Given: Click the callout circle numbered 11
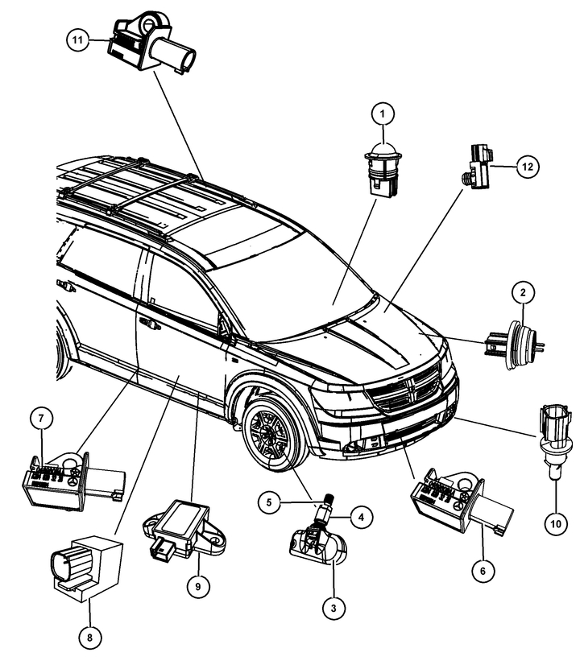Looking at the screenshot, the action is [x=77, y=39].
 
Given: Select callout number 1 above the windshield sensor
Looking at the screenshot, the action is [x=383, y=114].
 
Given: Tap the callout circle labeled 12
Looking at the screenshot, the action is [x=528, y=167].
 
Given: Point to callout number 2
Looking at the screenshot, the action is [x=523, y=293].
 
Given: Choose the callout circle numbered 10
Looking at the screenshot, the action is [x=556, y=523].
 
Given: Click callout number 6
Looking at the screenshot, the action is [x=483, y=571].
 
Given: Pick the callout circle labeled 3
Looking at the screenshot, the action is [x=333, y=608].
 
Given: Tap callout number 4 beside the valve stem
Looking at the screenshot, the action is [x=361, y=518].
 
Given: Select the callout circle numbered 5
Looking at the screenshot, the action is [x=269, y=502].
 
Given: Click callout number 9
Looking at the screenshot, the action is [x=198, y=586].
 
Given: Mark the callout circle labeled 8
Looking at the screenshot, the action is [x=89, y=638].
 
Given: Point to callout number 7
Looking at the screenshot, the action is [x=41, y=418].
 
